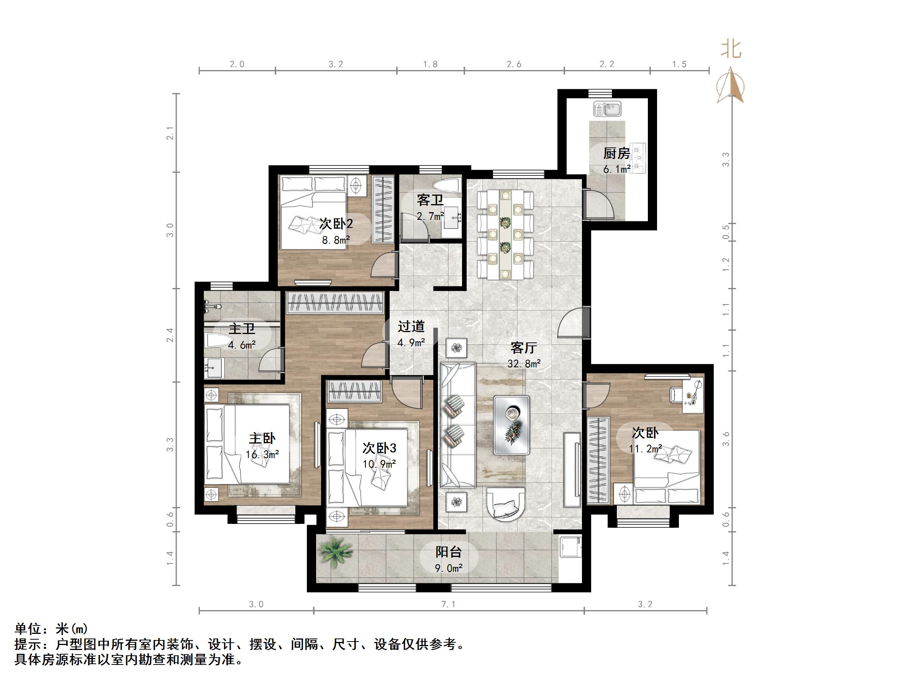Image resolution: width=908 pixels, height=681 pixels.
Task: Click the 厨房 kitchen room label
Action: point(616,154)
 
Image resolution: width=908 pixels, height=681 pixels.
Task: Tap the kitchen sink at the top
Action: point(607,109)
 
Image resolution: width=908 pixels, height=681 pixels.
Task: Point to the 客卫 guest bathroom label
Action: point(430,200)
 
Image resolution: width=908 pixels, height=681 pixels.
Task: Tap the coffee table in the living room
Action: point(511,425)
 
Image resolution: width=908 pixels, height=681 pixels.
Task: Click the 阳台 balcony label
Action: point(449,552)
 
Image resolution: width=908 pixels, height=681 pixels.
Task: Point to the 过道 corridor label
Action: point(411,327)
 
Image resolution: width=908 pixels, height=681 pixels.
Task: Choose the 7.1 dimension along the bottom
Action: point(448,604)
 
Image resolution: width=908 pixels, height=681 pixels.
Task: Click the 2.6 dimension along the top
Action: point(514,64)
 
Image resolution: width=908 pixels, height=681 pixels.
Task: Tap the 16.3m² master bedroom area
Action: point(262,454)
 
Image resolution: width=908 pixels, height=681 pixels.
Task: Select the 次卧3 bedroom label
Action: point(379,448)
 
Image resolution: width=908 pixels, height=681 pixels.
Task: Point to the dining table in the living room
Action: point(505,234)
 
